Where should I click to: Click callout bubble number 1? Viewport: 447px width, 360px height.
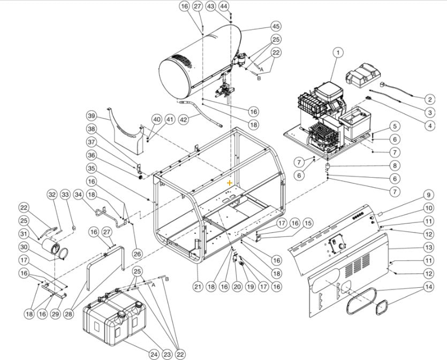click(x=338, y=52)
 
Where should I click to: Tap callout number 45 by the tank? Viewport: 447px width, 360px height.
click(x=276, y=26)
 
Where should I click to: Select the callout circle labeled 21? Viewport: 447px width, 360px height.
click(x=198, y=287)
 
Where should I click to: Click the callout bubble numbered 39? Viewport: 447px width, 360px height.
click(x=92, y=117)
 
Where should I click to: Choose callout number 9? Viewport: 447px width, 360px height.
click(x=428, y=195)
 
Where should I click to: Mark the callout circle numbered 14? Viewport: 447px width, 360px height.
click(x=428, y=287)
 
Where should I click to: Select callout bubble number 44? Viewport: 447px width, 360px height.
click(x=224, y=6)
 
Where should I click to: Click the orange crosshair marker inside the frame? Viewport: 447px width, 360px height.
click(x=230, y=182)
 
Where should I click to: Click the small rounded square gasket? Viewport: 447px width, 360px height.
click(x=382, y=309)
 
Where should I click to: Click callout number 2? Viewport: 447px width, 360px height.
click(x=429, y=99)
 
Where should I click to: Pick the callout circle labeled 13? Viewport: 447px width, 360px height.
click(x=428, y=248)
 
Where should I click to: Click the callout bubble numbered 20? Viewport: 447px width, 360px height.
click(x=237, y=287)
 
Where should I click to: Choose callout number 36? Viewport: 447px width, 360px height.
click(x=92, y=155)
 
